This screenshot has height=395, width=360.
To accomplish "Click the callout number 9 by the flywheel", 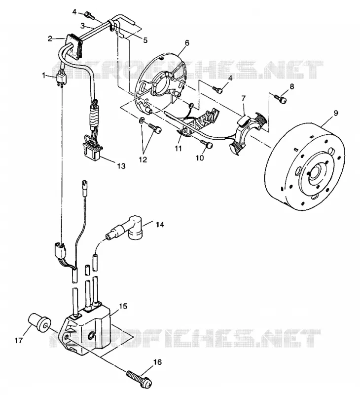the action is point(336,114).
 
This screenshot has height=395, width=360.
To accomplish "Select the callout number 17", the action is point(19,341).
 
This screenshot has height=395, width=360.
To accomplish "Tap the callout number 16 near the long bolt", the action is point(157,362).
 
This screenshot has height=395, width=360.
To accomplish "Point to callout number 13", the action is point(121,166).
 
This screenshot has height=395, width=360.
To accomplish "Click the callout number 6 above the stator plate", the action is point(187,43).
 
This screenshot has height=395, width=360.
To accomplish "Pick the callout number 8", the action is point(291,86).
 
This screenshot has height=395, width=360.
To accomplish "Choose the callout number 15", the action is point(123,306).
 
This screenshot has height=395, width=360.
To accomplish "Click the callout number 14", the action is point(160,224).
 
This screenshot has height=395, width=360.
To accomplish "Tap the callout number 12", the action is point(143,159).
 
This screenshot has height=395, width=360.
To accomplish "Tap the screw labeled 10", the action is point(207,144).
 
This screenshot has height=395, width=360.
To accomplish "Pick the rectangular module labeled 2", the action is point(74,45).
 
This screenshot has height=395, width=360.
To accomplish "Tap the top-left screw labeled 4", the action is point(90,15).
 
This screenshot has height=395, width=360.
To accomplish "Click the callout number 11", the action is point(178,149).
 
